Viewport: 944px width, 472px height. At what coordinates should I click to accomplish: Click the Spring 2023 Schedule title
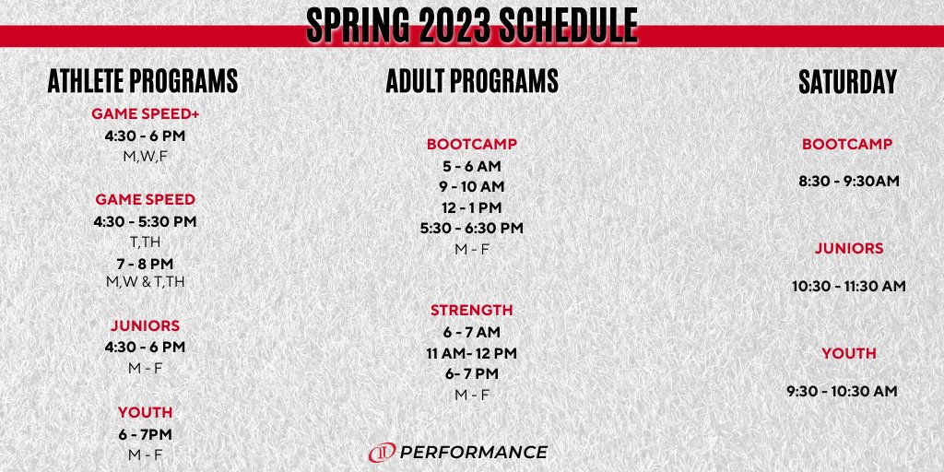pyautogui.click(x=471, y=26)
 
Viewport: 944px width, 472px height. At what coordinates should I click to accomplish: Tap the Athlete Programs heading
pyautogui.click(x=143, y=81)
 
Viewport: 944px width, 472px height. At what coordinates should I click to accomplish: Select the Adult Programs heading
pyautogui.click(x=471, y=81)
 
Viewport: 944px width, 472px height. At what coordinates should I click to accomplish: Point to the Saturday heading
pyautogui.click(x=846, y=82)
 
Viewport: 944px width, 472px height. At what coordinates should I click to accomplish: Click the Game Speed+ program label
pyautogui.click(x=146, y=114)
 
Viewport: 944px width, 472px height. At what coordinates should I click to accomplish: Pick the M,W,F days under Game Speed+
pyautogui.click(x=146, y=156)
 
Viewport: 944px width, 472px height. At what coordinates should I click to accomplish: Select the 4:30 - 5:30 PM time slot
pyautogui.click(x=146, y=221)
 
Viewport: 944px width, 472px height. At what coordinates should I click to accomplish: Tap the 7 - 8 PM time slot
pyautogui.click(x=146, y=264)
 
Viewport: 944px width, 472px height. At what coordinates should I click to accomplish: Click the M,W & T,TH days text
pyautogui.click(x=146, y=282)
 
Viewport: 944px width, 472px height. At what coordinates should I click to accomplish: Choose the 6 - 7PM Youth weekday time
pyautogui.click(x=146, y=434)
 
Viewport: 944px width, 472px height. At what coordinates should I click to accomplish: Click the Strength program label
pyautogui.click(x=471, y=311)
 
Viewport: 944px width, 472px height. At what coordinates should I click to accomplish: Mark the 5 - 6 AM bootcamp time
pyautogui.click(x=471, y=166)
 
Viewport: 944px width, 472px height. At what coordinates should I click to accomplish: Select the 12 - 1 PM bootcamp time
pyautogui.click(x=471, y=207)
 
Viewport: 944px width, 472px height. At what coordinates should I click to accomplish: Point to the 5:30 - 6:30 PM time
pyautogui.click(x=471, y=228)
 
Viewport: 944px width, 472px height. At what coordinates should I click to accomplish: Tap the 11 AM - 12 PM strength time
pyautogui.click(x=471, y=353)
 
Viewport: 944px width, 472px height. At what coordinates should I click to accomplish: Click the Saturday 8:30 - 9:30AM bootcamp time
pyautogui.click(x=848, y=181)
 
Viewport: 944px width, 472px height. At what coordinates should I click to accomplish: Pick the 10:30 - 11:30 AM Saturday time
pyautogui.click(x=848, y=287)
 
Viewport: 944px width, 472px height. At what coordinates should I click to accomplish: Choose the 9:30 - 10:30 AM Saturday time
pyautogui.click(x=842, y=392)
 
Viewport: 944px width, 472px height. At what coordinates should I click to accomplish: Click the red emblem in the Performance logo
pyautogui.click(x=382, y=453)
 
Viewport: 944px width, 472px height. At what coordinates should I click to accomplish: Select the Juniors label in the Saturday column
pyautogui.click(x=848, y=249)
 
